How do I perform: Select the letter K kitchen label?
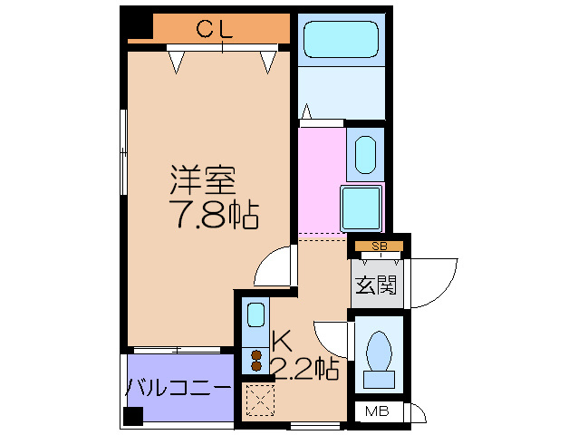[282, 343]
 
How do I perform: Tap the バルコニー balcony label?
[178, 388]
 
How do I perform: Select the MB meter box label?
[375, 413]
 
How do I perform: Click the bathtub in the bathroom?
[340, 41]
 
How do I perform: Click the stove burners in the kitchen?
[256, 360]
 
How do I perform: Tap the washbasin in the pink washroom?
[365, 154]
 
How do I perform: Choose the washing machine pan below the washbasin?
[361, 206]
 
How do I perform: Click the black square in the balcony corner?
[134, 417]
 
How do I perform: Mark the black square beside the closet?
[138, 24]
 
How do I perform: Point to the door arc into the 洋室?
[275, 268]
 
